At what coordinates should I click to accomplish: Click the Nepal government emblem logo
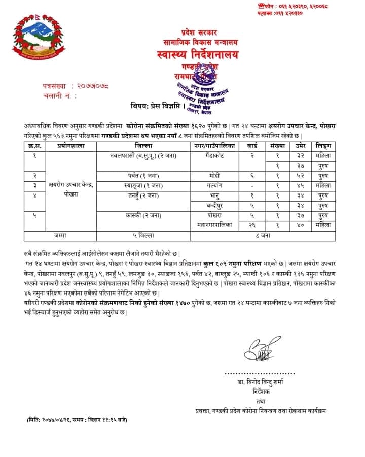pyautogui.click(x=38, y=40)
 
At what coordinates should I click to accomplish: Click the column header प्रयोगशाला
pyautogui.click(x=70, y=146)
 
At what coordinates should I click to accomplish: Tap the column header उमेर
pyautogui.click(x=300, y=146)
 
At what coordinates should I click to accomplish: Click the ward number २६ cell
pyautogui.click(x=252, y=225)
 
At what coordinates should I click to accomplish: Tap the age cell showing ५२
pyautogui.click(x=300, y=175)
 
